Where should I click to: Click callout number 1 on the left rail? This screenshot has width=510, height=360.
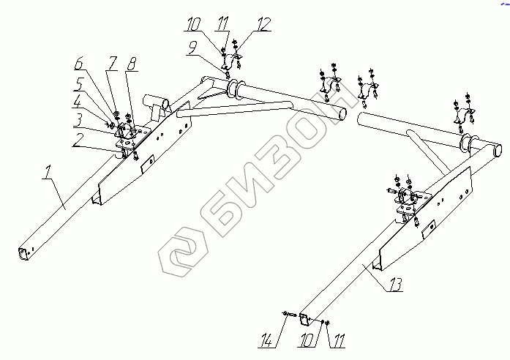pyautogui.click(x=48, y=175)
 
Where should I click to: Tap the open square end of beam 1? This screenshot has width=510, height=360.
pyautogui.click(x=23, y=252)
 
